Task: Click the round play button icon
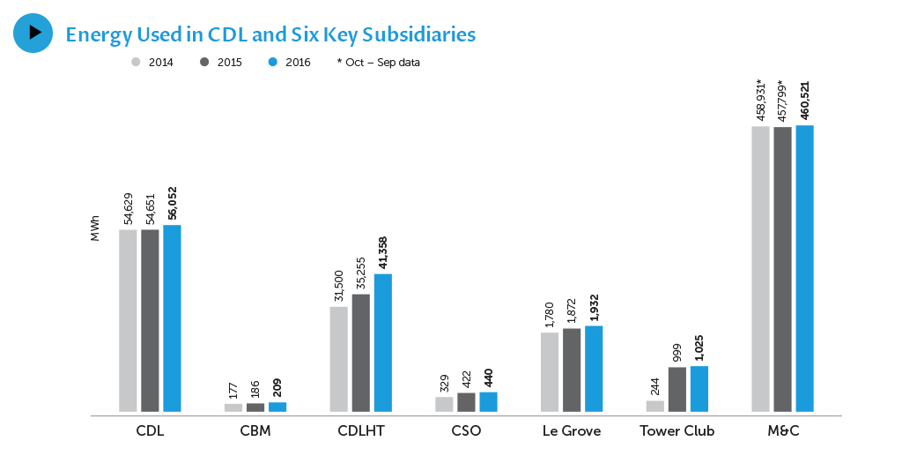point(33,33)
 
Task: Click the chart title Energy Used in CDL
point(270,34)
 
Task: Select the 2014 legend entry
point(153,63)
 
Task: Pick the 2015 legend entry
point(222,63)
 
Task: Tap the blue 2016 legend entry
point(290,63)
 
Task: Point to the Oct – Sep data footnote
point(378,63)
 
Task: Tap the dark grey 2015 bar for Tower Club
point(676,389)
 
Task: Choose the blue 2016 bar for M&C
point(804,268)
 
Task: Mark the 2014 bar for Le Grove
point(550,371)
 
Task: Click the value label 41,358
point(382,252)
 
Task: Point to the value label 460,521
point(804,101)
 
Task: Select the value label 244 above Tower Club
point(655,385)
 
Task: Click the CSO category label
point(466,431)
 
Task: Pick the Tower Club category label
point(676,431)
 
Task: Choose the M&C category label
point(782,431)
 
